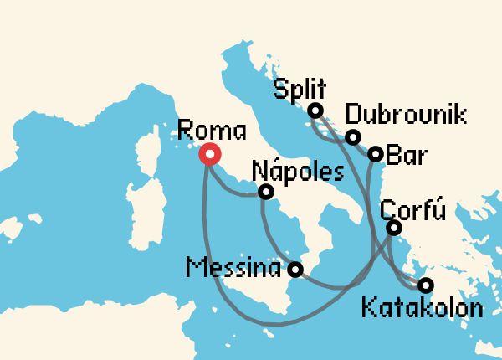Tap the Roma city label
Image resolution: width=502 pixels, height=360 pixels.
tap(213, 131)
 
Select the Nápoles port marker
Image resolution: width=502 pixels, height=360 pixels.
tap(266, 192)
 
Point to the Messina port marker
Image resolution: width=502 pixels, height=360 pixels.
tap(295, 270)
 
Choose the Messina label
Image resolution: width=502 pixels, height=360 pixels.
tap(233, 270)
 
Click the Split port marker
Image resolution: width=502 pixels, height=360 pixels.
tap(315, 111)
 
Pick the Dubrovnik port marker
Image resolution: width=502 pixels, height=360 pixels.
tap(353, 137)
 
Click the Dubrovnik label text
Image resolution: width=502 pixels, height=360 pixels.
tap(406, 116)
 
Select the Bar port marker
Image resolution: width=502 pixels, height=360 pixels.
tap(376, 154)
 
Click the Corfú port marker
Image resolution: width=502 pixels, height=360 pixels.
tap(394, 228)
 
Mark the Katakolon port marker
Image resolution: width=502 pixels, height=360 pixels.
tap(426, 285)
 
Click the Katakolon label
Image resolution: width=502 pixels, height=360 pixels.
tap(423, 308)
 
